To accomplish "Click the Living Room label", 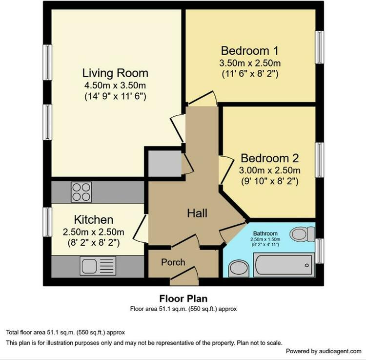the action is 115,73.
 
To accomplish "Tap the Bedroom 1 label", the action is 250,51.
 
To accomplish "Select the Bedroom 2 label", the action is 269,158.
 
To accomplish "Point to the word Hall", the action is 197,213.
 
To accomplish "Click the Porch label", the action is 173,262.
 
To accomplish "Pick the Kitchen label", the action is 94,220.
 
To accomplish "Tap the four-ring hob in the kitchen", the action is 81,192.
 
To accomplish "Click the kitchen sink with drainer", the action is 98,266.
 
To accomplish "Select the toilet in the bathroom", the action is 302,234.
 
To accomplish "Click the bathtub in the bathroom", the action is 284,265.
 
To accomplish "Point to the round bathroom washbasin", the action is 239,269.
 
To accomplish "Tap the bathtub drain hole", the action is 307,265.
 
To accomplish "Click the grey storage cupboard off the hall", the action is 165,164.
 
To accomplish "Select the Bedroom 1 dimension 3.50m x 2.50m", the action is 250,63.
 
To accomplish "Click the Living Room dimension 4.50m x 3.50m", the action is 115,85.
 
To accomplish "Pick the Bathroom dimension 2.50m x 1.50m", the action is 265,239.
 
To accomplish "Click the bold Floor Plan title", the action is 183,298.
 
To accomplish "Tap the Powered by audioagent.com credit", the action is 324,351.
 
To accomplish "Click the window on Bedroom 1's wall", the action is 319,47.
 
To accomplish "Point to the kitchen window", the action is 47,222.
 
